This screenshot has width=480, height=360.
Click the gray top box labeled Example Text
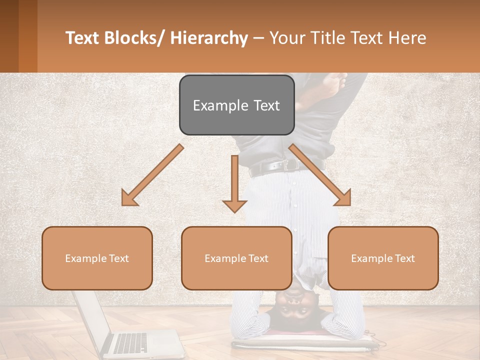(236, 105)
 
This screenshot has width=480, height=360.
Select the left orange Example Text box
(97, 258)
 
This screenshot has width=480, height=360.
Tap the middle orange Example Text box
(236, 258)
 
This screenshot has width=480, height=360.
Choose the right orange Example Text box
(383, 258)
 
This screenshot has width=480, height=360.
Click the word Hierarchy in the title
(209, 38)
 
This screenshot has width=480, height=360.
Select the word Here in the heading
(405, 38)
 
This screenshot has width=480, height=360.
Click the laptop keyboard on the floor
(131, 343)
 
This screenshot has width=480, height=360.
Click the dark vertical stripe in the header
(27, 36)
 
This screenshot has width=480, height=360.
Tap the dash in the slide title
(259, 38)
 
